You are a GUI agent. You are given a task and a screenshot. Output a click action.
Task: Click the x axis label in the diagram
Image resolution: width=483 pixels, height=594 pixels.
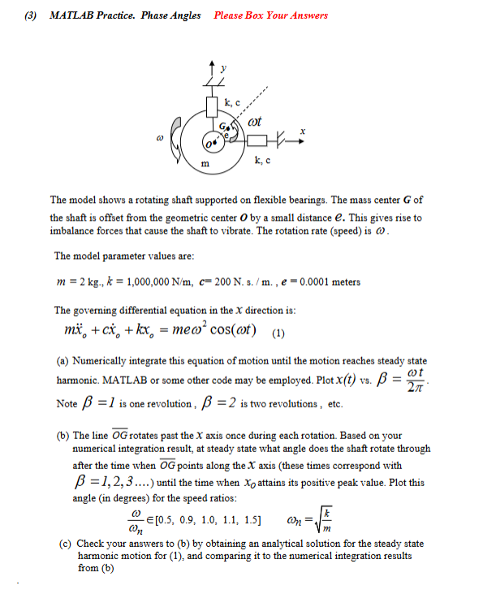302,130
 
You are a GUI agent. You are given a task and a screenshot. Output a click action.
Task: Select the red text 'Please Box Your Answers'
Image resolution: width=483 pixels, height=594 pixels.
271,15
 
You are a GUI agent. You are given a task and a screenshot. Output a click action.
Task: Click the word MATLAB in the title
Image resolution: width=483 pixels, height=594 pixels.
70,15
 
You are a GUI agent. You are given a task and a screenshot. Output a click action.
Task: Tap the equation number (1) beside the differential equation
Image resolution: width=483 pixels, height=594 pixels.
278,331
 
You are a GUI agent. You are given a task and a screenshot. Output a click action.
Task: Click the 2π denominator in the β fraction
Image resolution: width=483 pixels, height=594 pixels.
409,386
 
